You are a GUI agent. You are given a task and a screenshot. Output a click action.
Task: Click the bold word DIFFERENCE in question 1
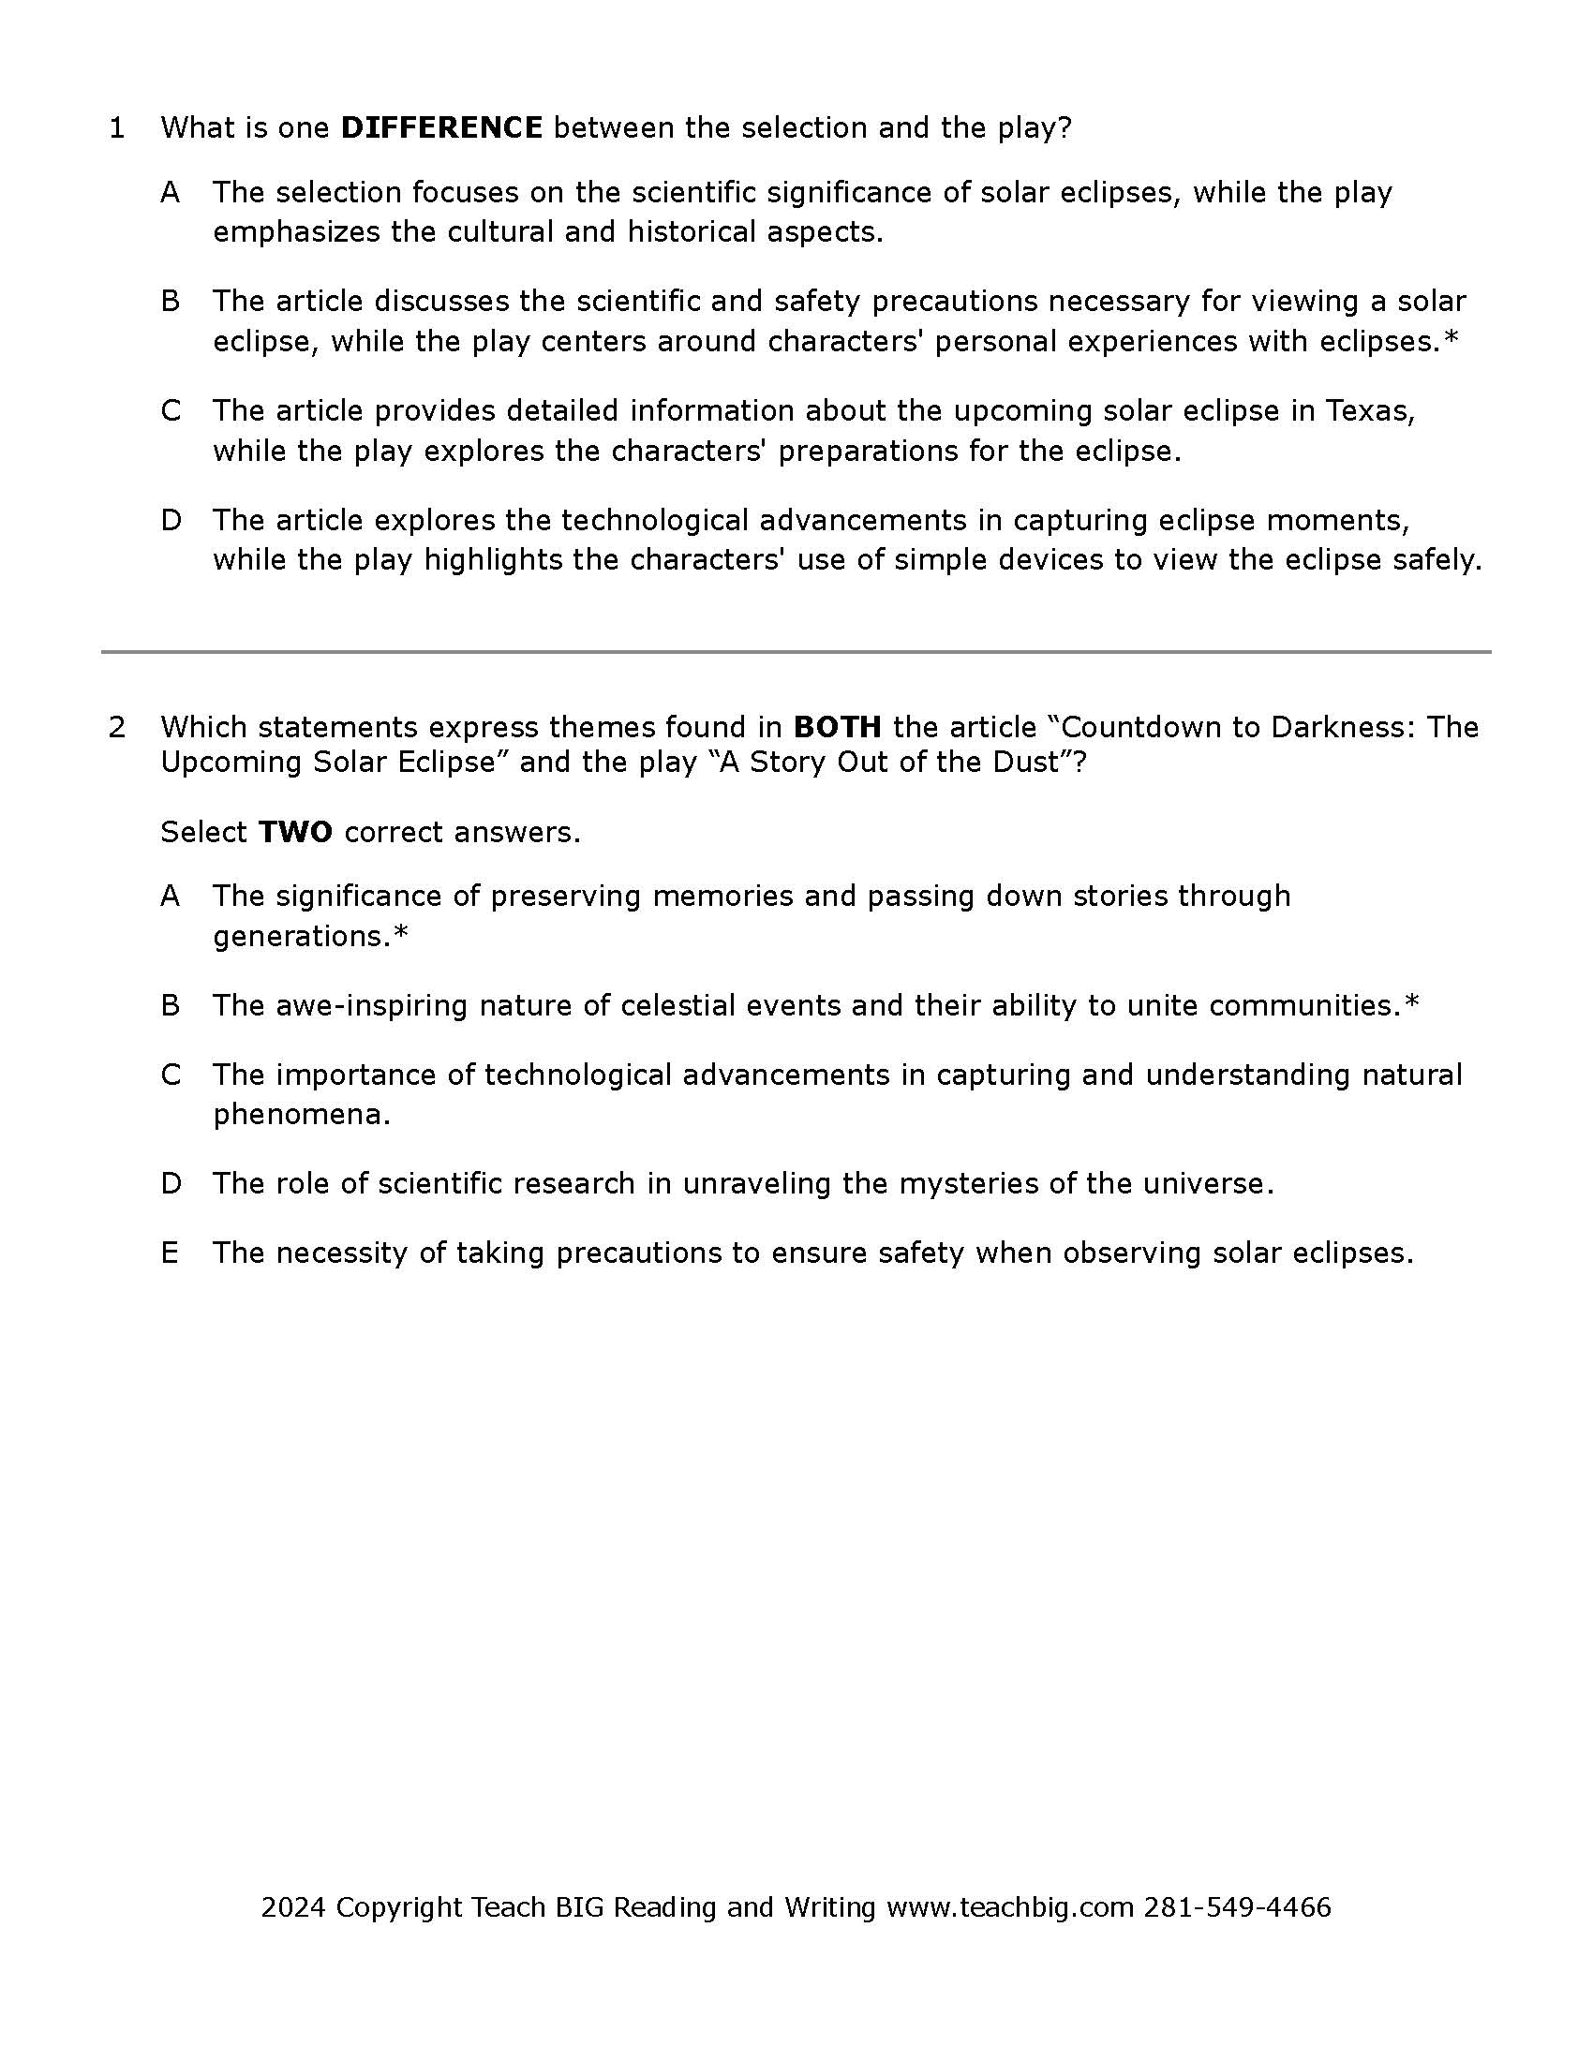pyautogui.click(x=440, y=127)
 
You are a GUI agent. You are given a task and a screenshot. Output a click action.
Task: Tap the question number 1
pyautogui.click(x=117, y=127)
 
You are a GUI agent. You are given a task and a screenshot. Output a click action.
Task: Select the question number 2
pyautogui.click(x=117, y=727)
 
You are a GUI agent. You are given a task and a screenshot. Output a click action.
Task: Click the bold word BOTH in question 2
pyautogui.click(x=837, y=727)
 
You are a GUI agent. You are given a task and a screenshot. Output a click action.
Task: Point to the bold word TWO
pyautogui.click(x=294, y=831)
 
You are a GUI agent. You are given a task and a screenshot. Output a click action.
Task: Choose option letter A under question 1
pyautogui.click(x=170, y=192)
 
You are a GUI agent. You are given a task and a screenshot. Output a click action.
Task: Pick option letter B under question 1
pyautogui.click(x=170, y=301)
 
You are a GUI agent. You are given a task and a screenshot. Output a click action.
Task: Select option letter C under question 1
pyautogui.click(x=170, y=410)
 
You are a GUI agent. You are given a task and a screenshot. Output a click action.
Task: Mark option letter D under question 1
pyautogui.click(x=170, y=520)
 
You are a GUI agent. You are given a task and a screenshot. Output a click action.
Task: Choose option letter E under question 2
pyautogui.click(x=170, y=1253)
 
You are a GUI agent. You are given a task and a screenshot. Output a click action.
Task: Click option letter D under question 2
pyautogui.click(x=170, y=1183)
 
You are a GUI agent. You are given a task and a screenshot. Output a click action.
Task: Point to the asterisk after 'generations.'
pyautogui.click(x=401, y=934)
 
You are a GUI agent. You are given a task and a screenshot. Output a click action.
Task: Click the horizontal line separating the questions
pyautogui.click(x=796, y=651)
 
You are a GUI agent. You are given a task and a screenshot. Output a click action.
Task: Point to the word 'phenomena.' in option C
pyautogui.click(x=301, y=1115)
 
